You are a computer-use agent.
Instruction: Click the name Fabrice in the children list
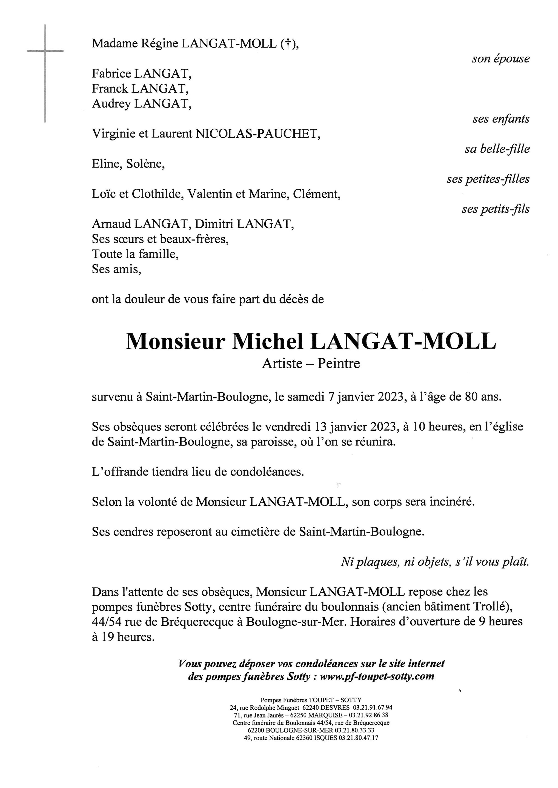pyautogui.click(x=111, y=73)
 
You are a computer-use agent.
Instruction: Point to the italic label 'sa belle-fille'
pyautogui.click(x=497, y=149)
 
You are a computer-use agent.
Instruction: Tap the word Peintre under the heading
pyautogui.click(x=338, y=363)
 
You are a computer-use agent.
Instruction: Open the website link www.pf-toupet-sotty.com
pyautogui.click(x=377, y=676)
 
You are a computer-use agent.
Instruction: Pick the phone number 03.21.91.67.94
pyautogui.click(x=373, y=707)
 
